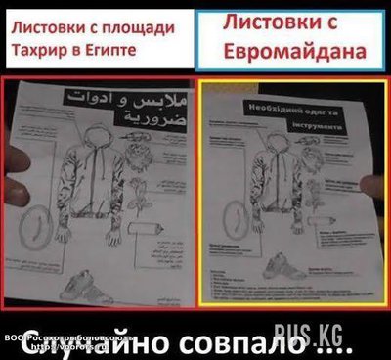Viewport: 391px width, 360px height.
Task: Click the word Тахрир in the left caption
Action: tap(35, 49)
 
